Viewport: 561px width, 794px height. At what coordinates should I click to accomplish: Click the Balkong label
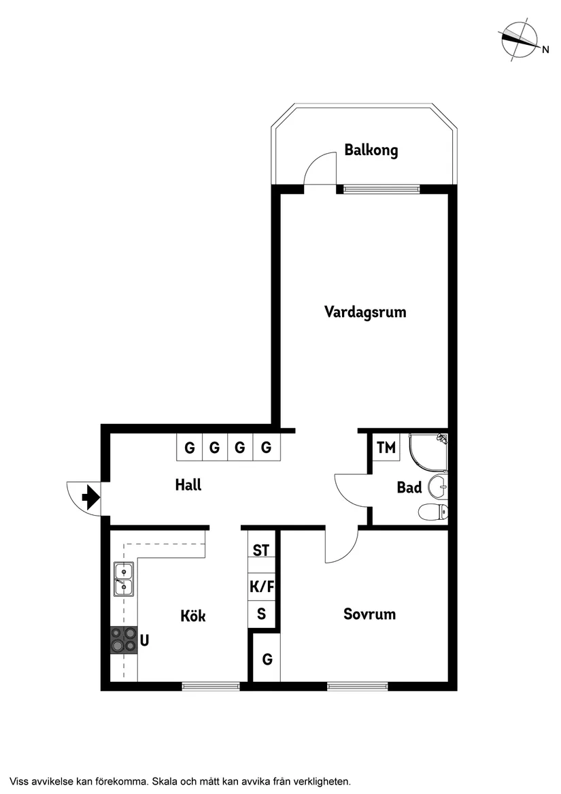point(371,150)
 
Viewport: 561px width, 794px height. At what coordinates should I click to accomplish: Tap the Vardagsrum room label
point(365,312)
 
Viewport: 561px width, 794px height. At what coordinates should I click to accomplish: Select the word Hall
point(188,485)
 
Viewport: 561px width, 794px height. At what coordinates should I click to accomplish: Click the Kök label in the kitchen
point(193,616)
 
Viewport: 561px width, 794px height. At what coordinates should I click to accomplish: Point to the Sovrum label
point(369,614)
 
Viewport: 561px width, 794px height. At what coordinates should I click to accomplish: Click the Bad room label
point(409,487)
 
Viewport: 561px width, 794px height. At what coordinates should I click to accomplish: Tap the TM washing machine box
point(386,448)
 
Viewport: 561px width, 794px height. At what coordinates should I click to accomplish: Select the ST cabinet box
point(261,550)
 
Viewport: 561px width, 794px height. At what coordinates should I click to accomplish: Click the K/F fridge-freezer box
point(262,586)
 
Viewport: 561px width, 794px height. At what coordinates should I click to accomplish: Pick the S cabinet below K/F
point(261,615)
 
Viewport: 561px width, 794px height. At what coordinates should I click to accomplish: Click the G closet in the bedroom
point(267,659)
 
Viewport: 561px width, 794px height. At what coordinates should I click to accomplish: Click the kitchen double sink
point(124,579)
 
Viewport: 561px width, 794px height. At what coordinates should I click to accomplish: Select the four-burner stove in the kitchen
point(124,640)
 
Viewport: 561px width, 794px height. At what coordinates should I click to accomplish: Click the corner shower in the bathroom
point(428,452)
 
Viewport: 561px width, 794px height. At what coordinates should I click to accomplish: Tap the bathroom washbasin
point(437,485)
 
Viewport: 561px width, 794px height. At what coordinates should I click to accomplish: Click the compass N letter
point(545,49)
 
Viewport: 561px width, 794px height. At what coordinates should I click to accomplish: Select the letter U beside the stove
point(145,640)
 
